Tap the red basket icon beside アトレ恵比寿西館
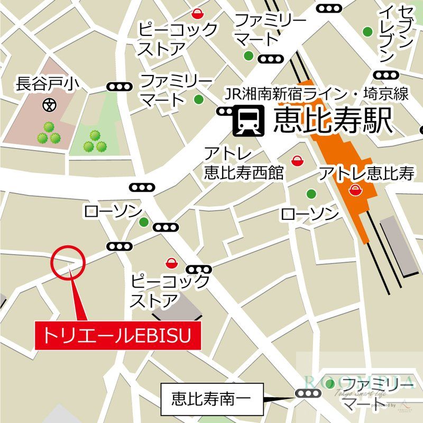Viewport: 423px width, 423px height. [x=298, y=160]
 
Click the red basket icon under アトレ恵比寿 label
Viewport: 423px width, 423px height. [x=353, y=189]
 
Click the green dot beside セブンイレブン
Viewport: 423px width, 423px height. [x=367, y=31]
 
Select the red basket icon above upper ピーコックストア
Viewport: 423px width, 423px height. [x=198, y=13]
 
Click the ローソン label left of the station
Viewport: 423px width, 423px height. [x=113, y=212]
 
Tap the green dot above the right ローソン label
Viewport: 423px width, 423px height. [x=311, y=193]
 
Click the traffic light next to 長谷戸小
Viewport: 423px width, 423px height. [x=118, y=87]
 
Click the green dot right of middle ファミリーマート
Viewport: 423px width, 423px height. [x=198, y=99]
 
